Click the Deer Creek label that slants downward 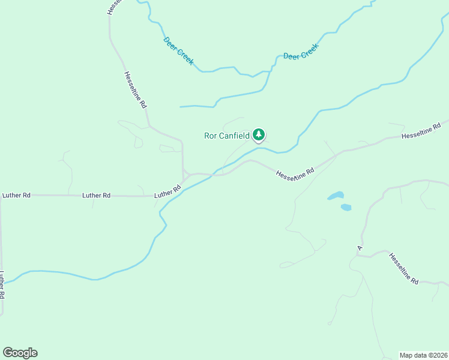pos(178,51)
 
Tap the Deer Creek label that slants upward pos(300,52)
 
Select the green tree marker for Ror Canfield pos(259,135)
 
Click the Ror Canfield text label pos(226,136)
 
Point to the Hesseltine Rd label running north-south pos(136,89)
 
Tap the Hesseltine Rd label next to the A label pos(403,268)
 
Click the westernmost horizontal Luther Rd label pos(16,195)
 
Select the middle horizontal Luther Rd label pos(96,195)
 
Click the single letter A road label pos(360,247)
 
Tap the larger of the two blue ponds pos(336,196)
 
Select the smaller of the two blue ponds pos(346,208)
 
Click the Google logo pos(20,353)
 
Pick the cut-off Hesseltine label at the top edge pos(114,7)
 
